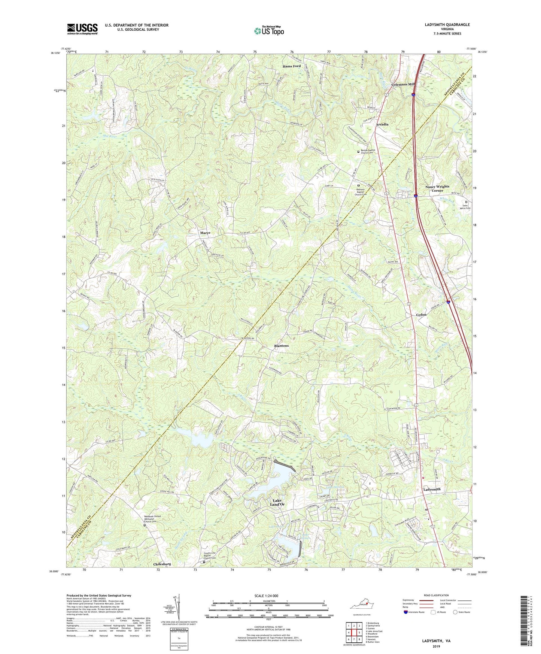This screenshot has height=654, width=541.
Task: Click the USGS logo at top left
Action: point(82,29)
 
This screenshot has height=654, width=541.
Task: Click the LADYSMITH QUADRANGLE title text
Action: point(447,25)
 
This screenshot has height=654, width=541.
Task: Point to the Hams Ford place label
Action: point(291,66)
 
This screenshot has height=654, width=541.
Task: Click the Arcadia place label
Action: point(382,124)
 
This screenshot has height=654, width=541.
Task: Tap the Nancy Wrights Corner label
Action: point(437,188)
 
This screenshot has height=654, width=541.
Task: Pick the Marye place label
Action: point(205,233)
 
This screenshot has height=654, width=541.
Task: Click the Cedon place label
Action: point(421,315)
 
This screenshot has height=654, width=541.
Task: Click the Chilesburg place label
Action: point(162,564)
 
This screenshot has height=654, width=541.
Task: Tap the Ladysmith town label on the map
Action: point(432,489)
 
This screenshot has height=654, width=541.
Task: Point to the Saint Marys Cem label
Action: point(466,207)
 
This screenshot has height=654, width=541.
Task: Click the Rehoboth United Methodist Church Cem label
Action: point(152,519)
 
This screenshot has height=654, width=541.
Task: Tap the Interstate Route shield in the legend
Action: point(406,612)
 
